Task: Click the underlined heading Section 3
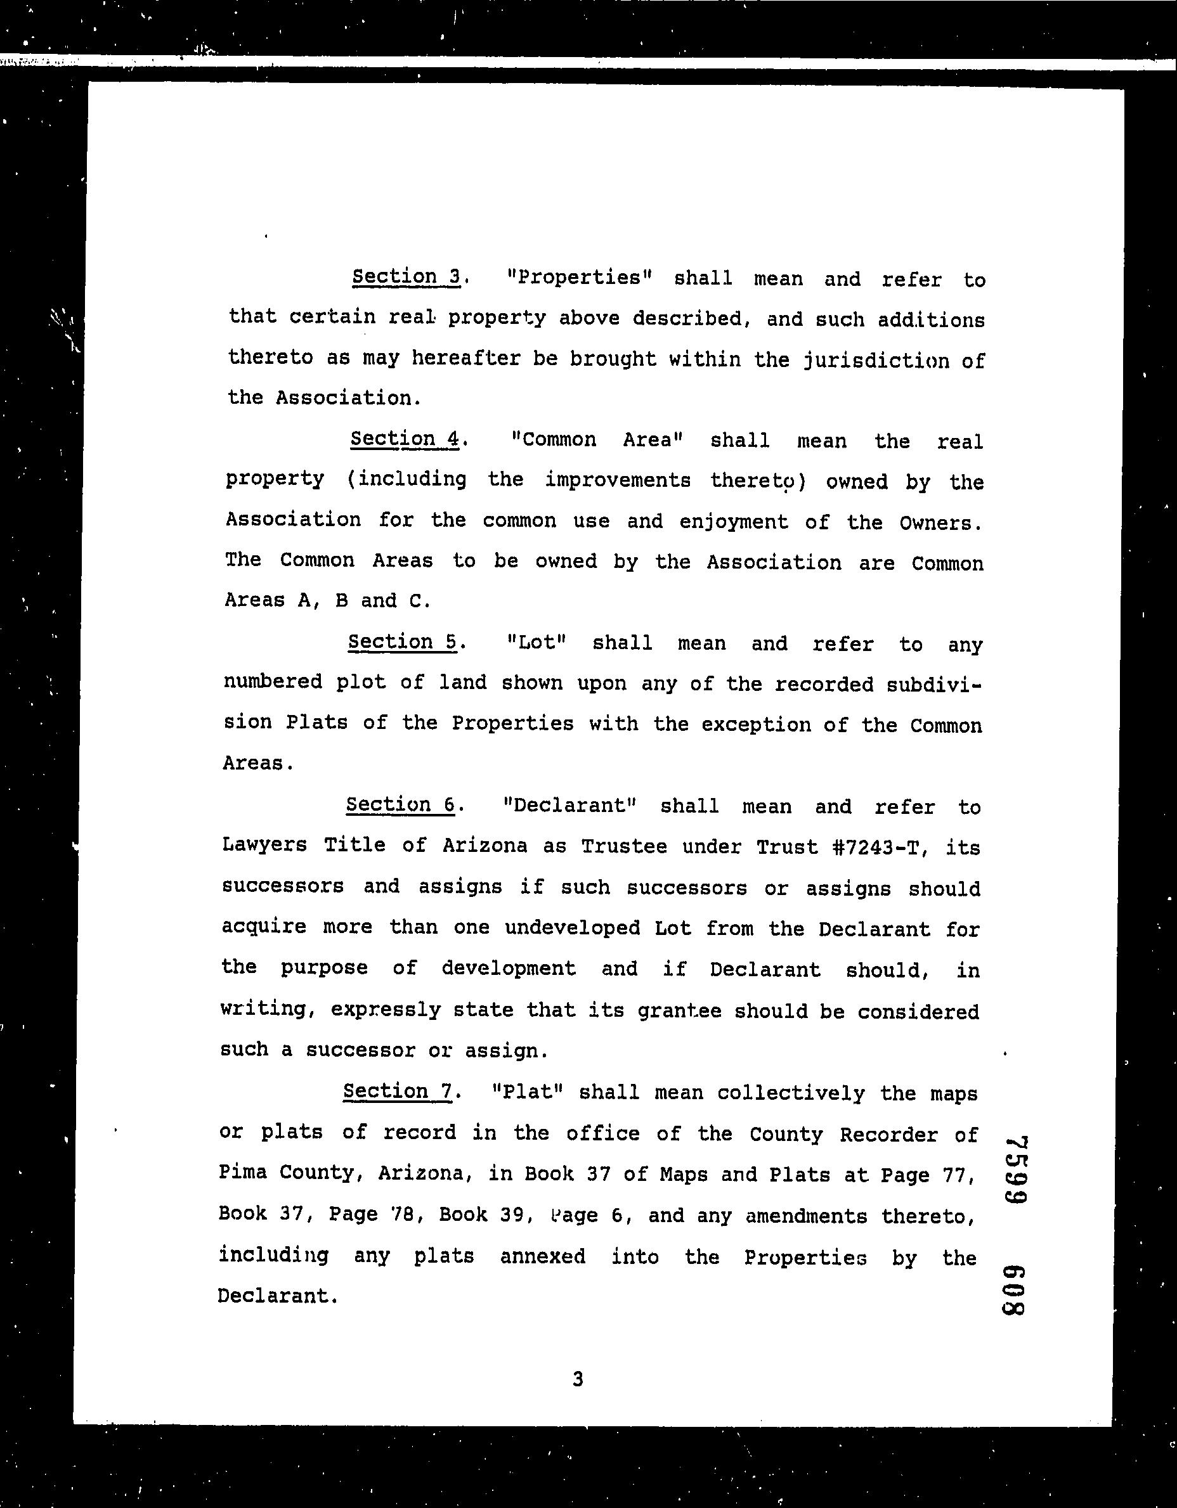coord(406,277)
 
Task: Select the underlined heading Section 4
coord(405,439)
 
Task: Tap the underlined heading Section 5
coord(403,642)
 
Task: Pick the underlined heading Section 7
coord(398,1091)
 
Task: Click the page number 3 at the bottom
coord(578,1379)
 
